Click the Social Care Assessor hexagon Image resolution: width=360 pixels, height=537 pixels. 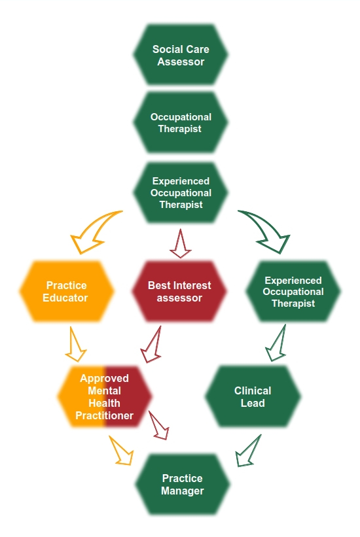click(x=181, y=55)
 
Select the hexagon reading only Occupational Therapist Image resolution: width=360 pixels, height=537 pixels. click(x=181, y=122)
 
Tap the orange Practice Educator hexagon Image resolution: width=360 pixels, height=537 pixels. click(x=67, y=291)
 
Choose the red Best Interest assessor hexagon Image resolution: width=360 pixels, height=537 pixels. click(x=179, y=291)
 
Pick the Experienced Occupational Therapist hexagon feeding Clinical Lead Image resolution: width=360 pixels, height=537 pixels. click(x=293, y=292)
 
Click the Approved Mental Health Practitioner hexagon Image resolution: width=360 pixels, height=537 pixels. click(x=105, y=396)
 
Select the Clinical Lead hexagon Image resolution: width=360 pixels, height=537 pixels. click(x=253, y=396)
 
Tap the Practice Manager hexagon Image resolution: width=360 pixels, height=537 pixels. click(x=182, y=485)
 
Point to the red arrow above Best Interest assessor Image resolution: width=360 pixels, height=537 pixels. click(x=180, y=243)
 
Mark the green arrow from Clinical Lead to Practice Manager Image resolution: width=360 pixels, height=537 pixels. click(x=249, y=451)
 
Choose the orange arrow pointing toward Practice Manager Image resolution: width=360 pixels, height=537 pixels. click(x=122, y=450)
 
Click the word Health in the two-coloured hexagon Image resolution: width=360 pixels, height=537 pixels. click(x=105, y=403)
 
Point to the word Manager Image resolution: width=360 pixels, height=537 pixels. click(x=183, y=491)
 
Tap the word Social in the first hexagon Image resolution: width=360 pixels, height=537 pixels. click(x=167, y=49)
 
